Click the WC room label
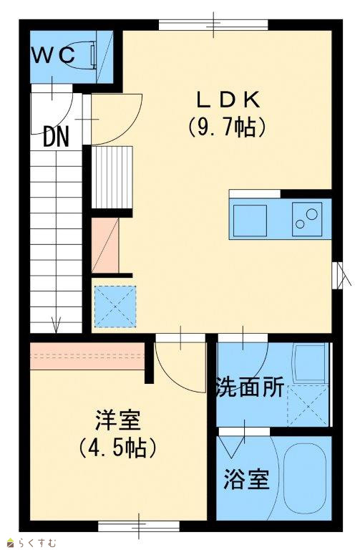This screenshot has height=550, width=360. point(53,55)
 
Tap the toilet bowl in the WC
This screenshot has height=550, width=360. point(82,54)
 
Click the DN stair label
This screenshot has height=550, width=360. point(56,137)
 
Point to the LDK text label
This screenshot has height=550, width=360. point(228,100)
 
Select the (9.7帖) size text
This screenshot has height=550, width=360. point(226,127)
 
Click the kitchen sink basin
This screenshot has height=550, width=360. point(250,221)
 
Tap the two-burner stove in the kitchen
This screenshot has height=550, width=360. point(307,219)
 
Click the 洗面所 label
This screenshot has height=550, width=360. point(250,387)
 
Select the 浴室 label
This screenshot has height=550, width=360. point(246,479)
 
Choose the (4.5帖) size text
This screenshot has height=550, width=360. point(117,448)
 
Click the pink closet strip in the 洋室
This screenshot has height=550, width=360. point(87,356)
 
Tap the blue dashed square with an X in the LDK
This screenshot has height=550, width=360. point(115,307)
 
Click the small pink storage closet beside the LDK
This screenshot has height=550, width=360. point(105,246)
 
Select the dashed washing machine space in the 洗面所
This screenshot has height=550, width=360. point(308,405)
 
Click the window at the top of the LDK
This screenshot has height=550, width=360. point(213,25)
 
